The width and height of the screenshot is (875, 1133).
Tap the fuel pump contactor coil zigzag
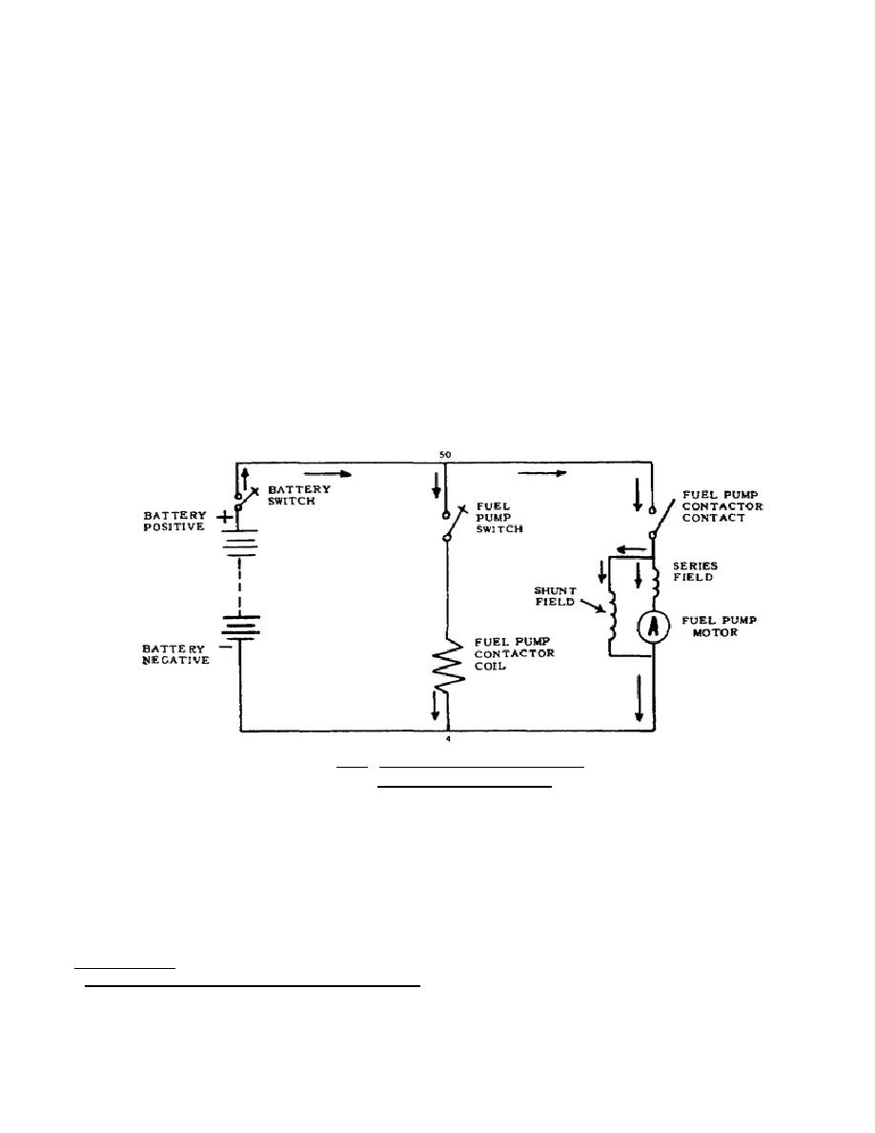(x=446, y=667)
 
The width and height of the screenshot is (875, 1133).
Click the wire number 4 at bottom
(x=447, y=740)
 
